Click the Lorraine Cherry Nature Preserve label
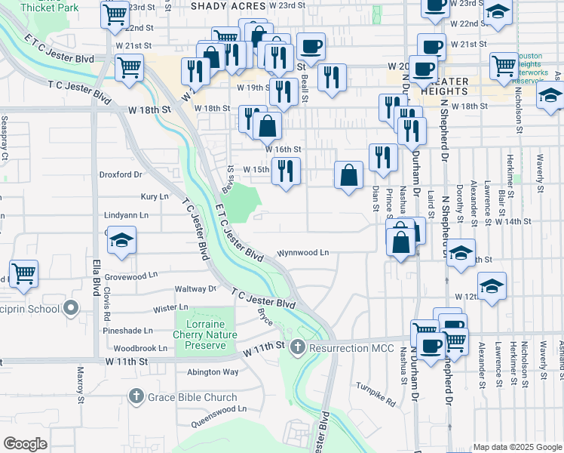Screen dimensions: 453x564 (x=205, y=334)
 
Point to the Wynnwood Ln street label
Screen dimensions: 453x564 (x=303, y=253)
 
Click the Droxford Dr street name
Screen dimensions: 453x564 (x=121, y=174)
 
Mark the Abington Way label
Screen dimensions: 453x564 (x=213, y=371)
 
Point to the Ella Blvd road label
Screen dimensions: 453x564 (x=97, y=279)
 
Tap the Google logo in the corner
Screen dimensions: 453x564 (x=25, y=444)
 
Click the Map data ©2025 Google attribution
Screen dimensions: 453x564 (x=517, y=447)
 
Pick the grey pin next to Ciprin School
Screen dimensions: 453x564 (x=72, y=308)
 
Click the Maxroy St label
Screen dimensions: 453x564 (x=80, y=378)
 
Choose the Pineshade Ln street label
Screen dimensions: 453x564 (x=127, y=330)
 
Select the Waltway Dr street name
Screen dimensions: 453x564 (x=195, y=288)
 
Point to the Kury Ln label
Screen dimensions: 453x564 (x=154, y=196)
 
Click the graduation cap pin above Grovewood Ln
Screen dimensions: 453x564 (x=121, y=241)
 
